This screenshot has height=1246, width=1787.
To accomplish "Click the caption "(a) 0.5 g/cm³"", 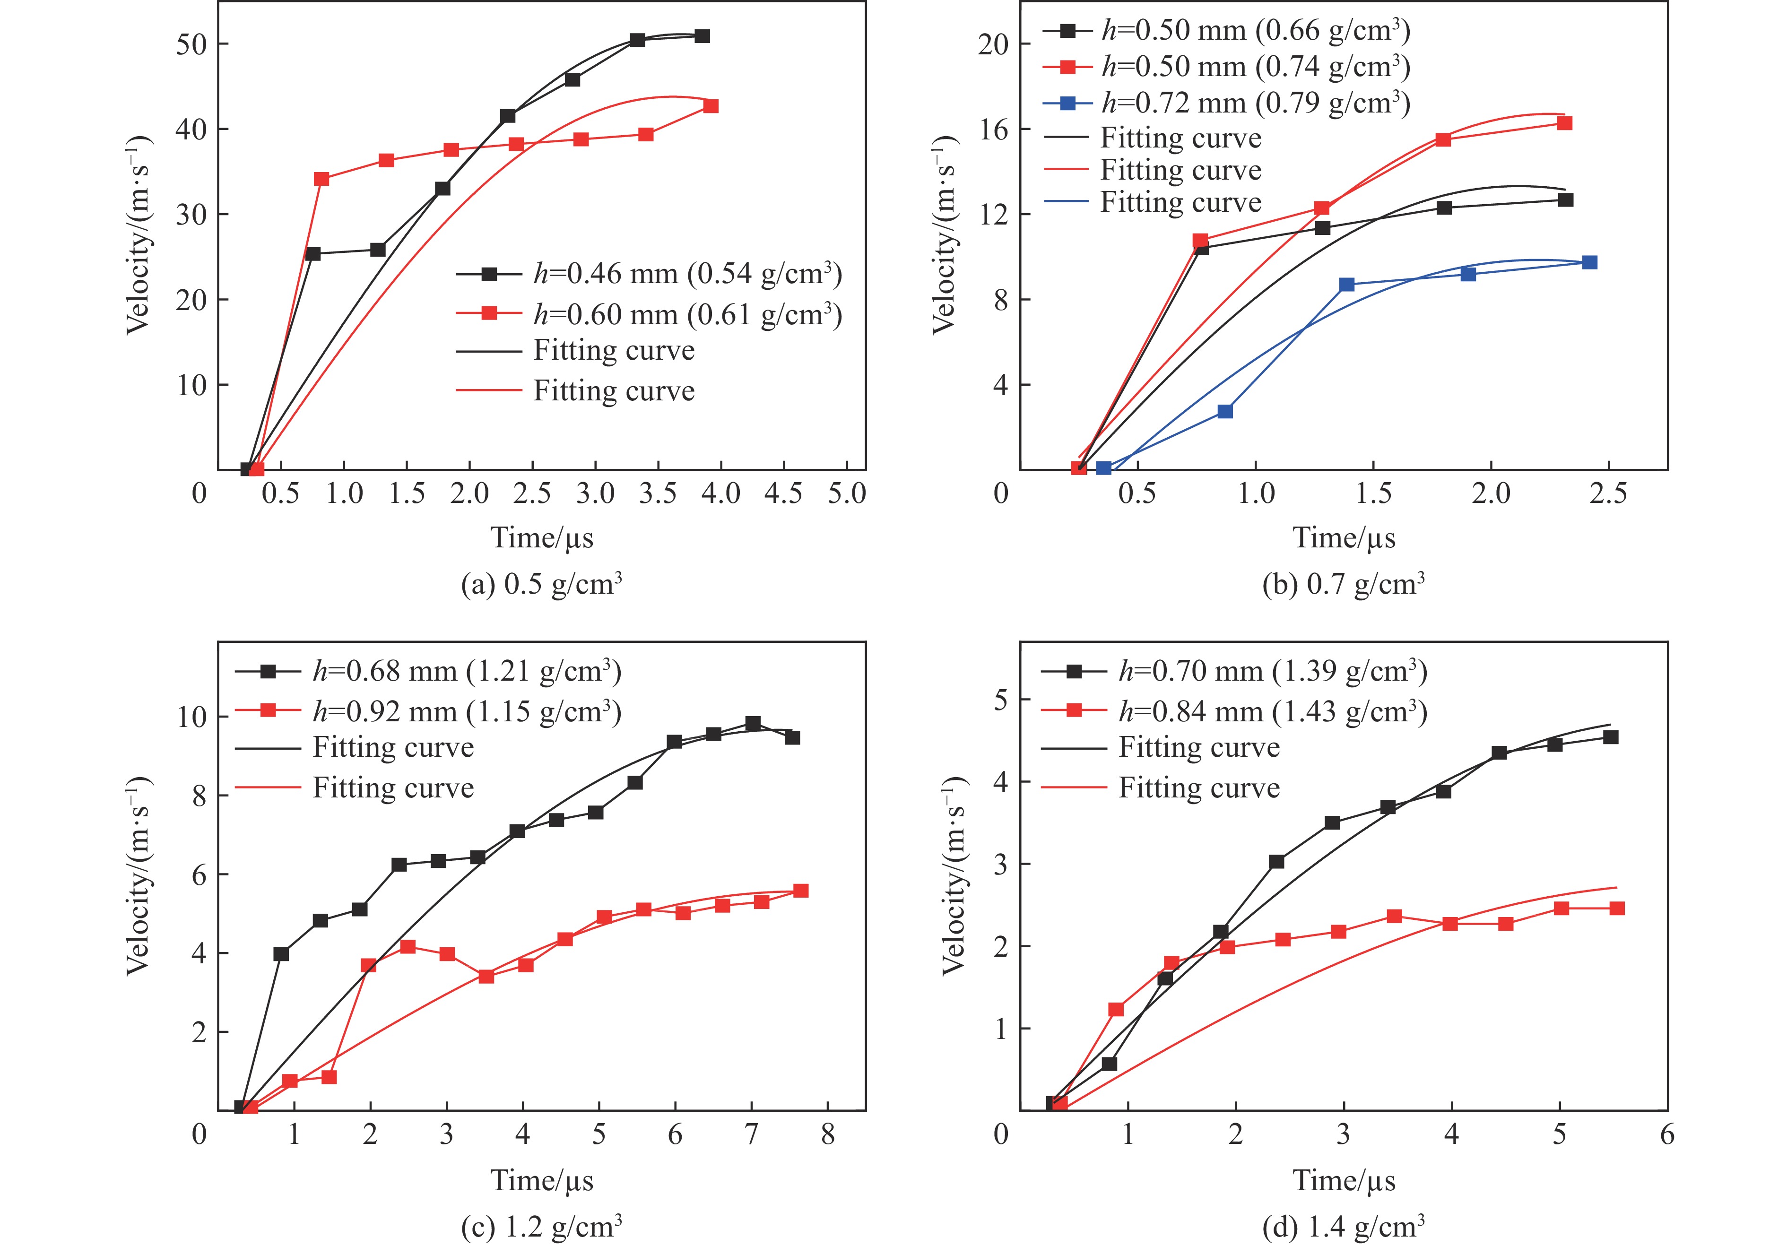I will coord(542,584).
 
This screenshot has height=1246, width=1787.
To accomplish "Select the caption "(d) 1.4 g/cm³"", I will coord(1344,1227).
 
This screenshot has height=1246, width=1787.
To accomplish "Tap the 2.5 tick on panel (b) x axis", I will coord(1608,493).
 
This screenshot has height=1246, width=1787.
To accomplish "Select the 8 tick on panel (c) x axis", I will coord(827,1135).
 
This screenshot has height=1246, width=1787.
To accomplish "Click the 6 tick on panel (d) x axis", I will coord(1667,1135).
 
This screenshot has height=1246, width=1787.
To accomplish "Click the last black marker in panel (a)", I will coord(702,36).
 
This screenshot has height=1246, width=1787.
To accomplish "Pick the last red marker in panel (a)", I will coord(711,106).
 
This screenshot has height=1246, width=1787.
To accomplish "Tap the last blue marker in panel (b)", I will coord(1589,262).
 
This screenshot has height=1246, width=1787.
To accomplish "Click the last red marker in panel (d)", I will coord(1616,908).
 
